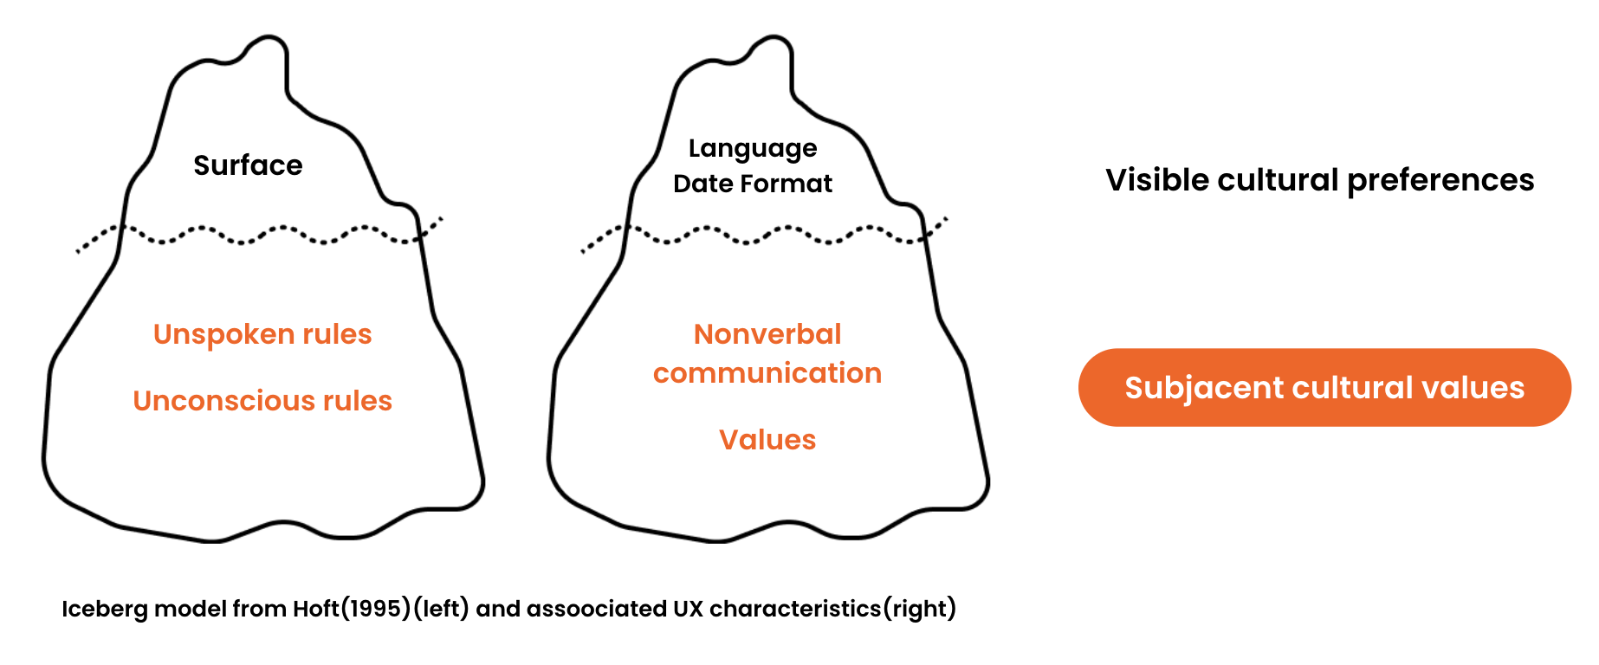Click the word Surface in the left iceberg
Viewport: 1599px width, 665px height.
[x=248, y=165]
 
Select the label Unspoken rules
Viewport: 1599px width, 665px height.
[x=262, y=334]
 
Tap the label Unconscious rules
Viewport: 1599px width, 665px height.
[x=262, y=401]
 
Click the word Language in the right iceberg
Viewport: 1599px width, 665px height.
[x=753, y=149]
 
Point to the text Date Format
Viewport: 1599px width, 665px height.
[x=753, y=184]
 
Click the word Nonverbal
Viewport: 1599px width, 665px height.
[x=767, y=334]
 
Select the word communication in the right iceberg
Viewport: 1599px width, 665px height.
[x=767, y=373]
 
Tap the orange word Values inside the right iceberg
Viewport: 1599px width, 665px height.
[x=767, y=440]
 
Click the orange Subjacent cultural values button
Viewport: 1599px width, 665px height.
[x=1324, y=388]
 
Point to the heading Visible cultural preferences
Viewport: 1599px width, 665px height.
[x=1320, y=180]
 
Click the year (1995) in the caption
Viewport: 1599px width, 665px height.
[x=376, y=609]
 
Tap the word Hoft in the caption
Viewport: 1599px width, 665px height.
[x=316, y=609]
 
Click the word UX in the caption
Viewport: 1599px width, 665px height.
[x=689, y=609]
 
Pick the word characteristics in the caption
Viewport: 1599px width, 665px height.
[x=795, y=609]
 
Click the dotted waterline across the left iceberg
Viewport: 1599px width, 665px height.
[x=260, y=234]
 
